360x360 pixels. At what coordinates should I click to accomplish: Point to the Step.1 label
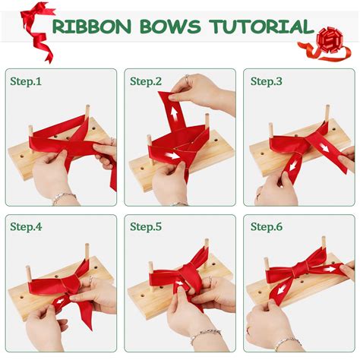tap(27, 81)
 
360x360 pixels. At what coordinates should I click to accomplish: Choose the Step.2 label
tap(147, 81)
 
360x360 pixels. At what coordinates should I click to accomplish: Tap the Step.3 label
tap(267, 81)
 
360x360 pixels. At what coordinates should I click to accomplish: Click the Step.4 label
tap(27, 226)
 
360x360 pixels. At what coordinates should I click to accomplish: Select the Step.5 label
tap(147, 226)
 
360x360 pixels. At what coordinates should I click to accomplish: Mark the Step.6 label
tap(267, 226)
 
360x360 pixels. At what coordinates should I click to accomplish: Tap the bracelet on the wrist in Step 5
tap(202, 334)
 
